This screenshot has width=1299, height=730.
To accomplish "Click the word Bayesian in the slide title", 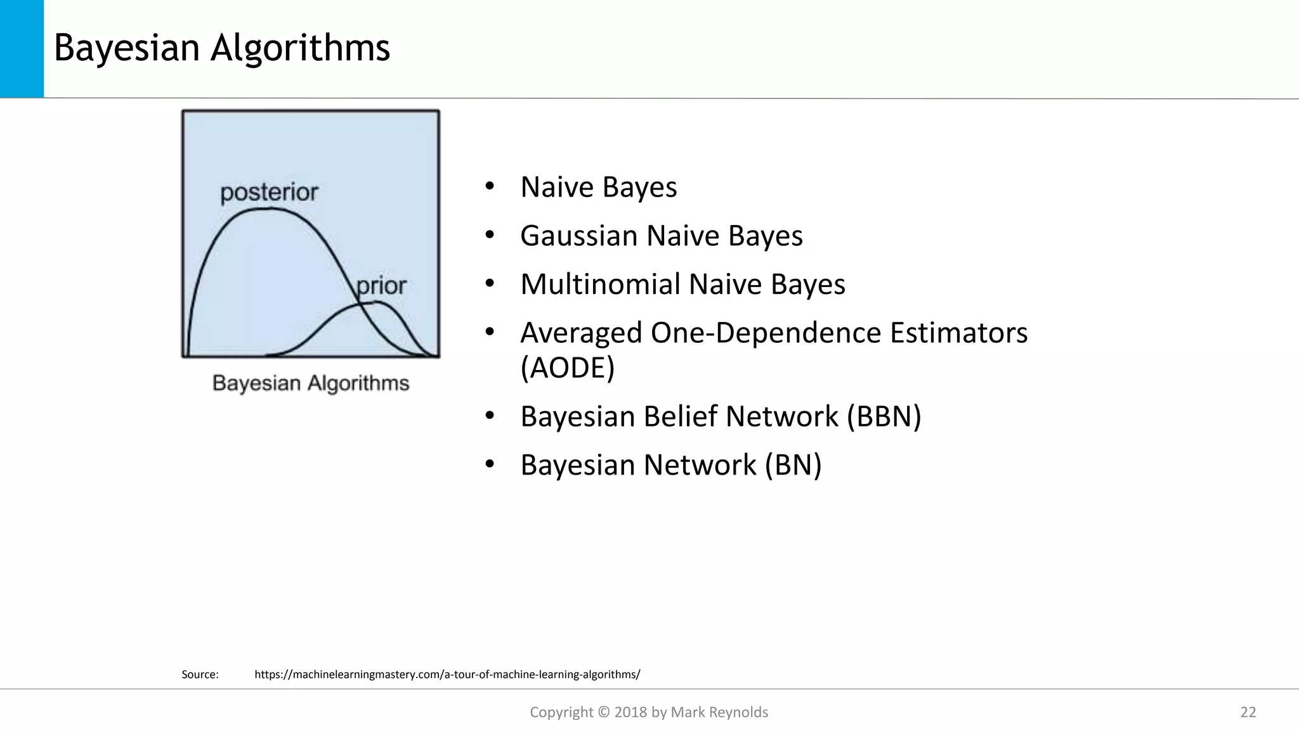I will (126, 48).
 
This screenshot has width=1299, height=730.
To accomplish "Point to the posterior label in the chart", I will (269, 193).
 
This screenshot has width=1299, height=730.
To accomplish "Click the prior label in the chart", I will (381, 286).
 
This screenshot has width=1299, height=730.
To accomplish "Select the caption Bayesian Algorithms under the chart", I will (311, 383).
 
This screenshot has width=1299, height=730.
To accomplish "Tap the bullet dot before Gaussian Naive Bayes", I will (489, 236).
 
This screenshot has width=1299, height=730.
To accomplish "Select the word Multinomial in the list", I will (599, 285).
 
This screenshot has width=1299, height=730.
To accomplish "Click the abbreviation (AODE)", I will (568, 368).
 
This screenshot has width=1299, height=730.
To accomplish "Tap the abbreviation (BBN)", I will (884, 416).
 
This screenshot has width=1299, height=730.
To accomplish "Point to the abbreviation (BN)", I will (793, 465).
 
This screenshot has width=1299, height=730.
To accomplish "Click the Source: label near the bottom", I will (200, 675).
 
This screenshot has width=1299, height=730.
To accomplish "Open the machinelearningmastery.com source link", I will (447, 675).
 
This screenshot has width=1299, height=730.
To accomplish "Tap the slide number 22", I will (1248, 712).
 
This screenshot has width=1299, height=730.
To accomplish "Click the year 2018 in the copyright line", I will (630, 712).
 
